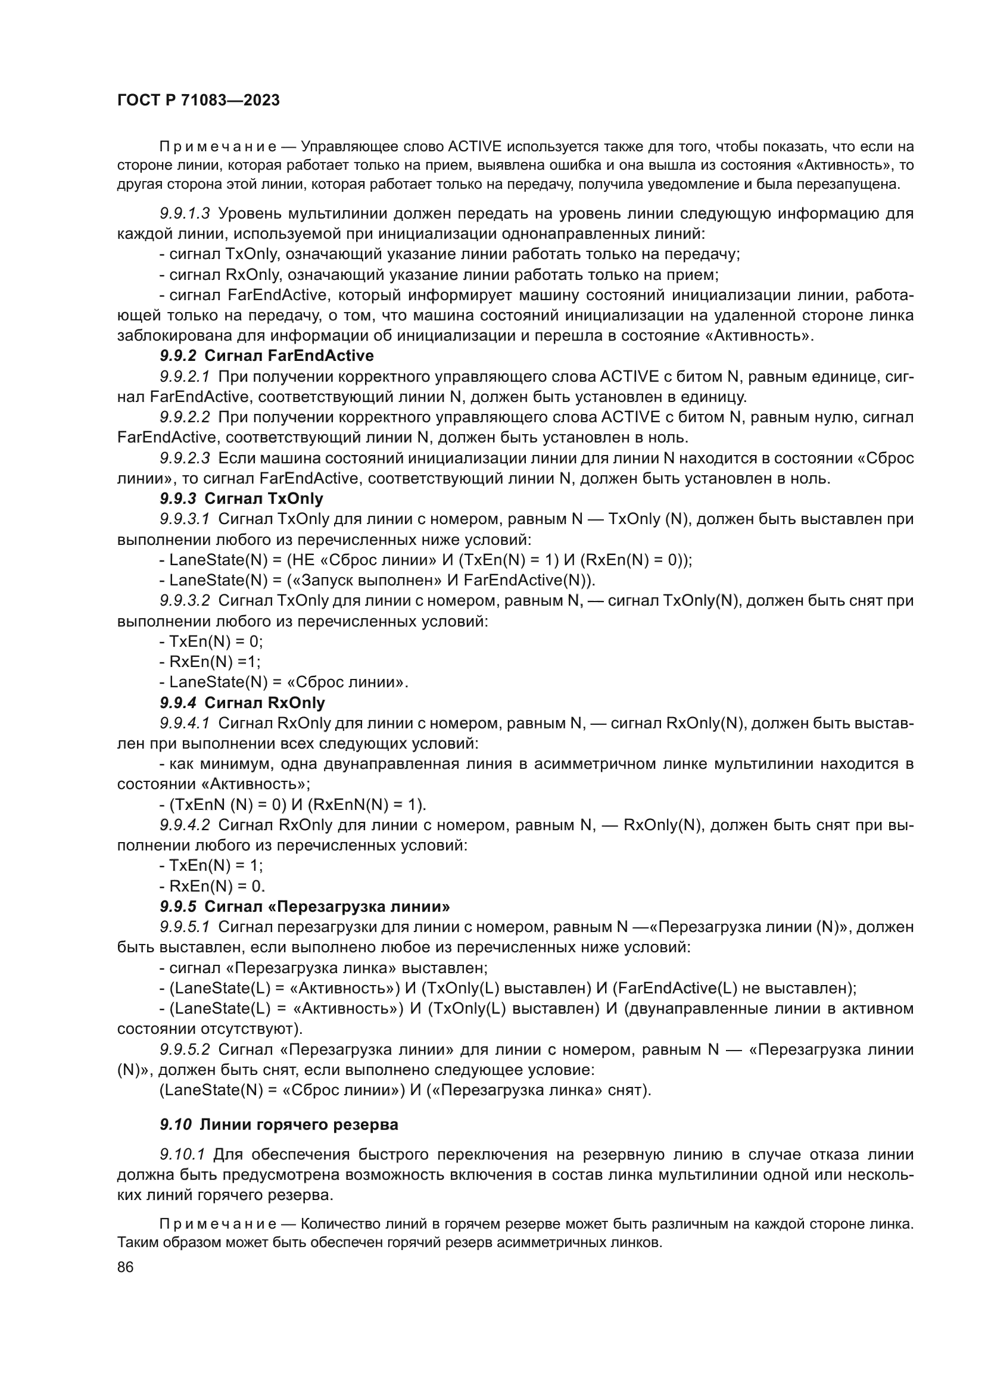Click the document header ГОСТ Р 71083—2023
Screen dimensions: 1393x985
(x=198, y=101)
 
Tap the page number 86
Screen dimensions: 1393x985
(x=126, y=1267)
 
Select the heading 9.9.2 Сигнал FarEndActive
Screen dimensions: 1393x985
(x=266, y=356)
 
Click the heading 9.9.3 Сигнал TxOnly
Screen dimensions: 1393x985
(x=241, y=498)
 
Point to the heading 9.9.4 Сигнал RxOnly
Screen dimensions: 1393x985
(x=242, y=703)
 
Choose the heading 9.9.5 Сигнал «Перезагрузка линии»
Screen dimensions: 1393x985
(x=304, y=906)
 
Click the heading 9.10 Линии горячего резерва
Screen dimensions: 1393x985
(x=279, y=1124)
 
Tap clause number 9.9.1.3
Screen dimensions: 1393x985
(x=185, y=214)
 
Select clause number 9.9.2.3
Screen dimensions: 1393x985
(x=185, y=458)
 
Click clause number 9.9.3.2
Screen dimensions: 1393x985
(x=185, y=601)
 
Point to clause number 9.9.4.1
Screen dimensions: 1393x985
(x=185, y=723)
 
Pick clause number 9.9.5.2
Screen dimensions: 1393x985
(x=185, y=1049)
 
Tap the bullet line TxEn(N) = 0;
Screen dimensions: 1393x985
(x=211, y=641)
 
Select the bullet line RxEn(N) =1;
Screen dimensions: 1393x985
(x=210, y=661)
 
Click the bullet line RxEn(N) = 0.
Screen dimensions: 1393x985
(x=212, y=886)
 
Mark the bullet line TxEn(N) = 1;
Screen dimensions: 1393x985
(x=211, y=865)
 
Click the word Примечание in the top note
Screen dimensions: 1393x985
(x=218, y=147)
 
